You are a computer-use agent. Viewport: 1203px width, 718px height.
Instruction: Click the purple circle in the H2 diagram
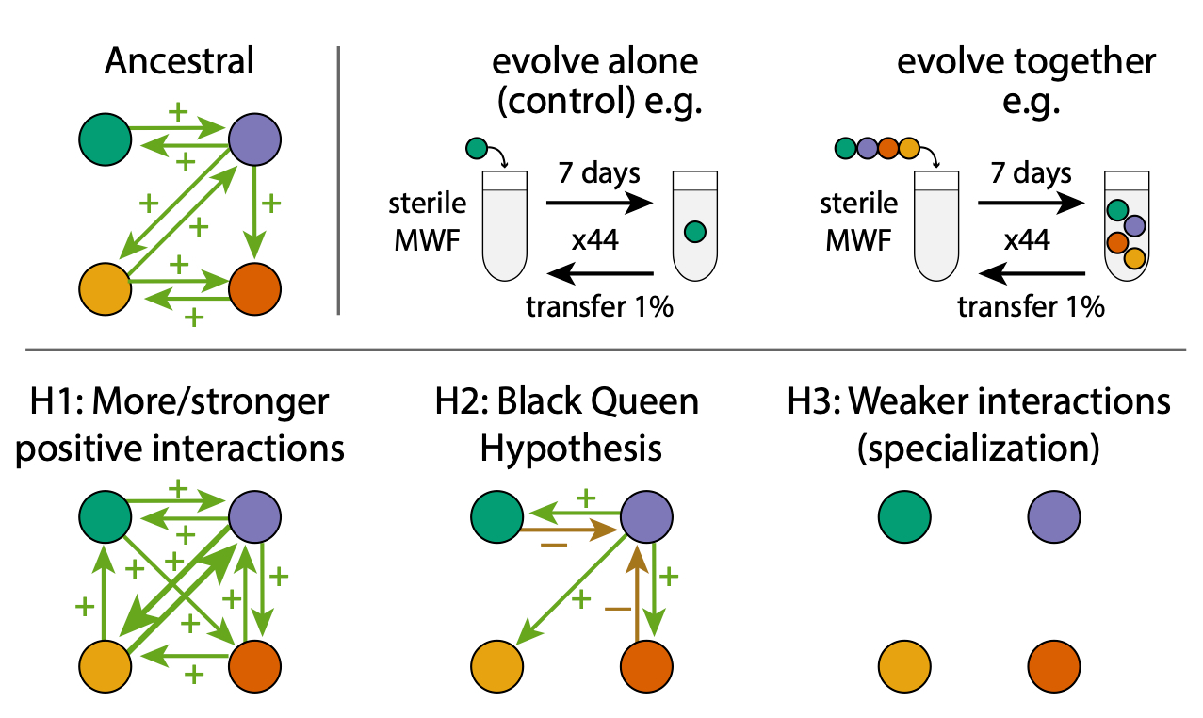(645, 516)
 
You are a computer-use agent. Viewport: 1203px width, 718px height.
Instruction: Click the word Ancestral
(179, 61)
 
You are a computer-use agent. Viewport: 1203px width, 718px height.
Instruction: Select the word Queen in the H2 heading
(646, 402)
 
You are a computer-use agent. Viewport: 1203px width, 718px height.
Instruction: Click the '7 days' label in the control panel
(599, 173)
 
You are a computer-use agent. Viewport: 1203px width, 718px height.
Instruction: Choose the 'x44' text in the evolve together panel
(1029, 240)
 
